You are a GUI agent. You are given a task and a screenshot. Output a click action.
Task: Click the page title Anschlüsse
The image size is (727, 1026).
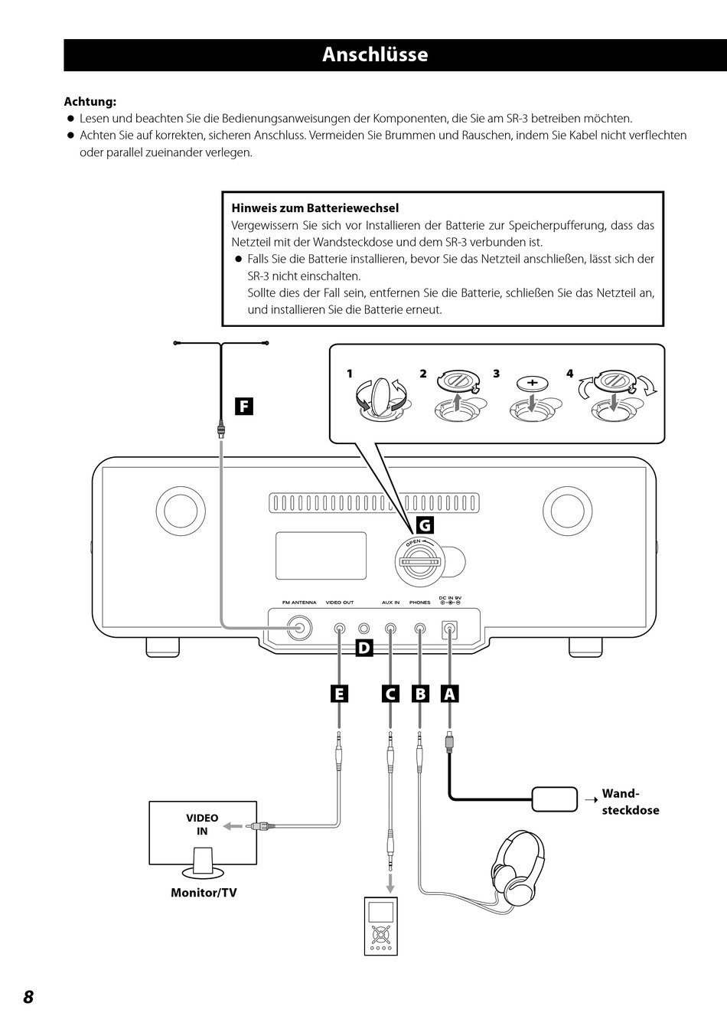click(x=375, y=54)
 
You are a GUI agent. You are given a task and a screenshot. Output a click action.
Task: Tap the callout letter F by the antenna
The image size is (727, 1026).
click(x=244, y=407)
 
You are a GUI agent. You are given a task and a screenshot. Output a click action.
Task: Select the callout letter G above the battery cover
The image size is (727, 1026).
click(x=425, y=525)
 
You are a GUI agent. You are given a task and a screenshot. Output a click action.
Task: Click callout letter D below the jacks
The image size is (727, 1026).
click(x=364, y=648)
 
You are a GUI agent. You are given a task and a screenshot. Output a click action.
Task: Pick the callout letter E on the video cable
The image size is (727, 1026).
click(x=339, y=694)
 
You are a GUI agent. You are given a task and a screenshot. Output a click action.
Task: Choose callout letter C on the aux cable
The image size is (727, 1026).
click(x=390, y=694)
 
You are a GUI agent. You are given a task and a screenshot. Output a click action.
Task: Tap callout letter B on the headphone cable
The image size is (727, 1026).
click(x=420, y=694)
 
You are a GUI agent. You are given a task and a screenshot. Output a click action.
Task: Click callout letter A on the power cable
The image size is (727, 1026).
click(x=449, y=694)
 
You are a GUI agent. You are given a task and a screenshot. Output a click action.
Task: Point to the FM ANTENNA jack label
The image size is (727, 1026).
click(x=299, y=603)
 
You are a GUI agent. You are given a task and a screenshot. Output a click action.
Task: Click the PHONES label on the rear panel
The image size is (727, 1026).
click(x=420, y=603)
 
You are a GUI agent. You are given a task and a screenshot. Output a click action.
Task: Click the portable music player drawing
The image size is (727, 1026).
click(x=381, y=926)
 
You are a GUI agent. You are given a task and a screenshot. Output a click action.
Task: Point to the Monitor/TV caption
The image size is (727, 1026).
click(x=204, y=892)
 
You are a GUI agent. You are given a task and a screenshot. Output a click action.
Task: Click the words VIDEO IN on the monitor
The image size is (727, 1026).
click(x=202, y=824)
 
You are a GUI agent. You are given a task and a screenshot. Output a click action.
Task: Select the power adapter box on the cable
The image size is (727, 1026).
click(x=554, y=799)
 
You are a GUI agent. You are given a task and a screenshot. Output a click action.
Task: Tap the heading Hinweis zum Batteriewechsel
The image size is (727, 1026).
click(x=315, y=208)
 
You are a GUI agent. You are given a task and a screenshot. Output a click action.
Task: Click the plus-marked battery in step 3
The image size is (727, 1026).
click(x=533, y=382)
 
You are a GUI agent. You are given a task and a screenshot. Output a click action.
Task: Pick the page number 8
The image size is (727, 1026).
click(x=28, y=997)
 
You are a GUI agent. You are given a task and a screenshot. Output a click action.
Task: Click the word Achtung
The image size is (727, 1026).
click(x=90, y=101)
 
